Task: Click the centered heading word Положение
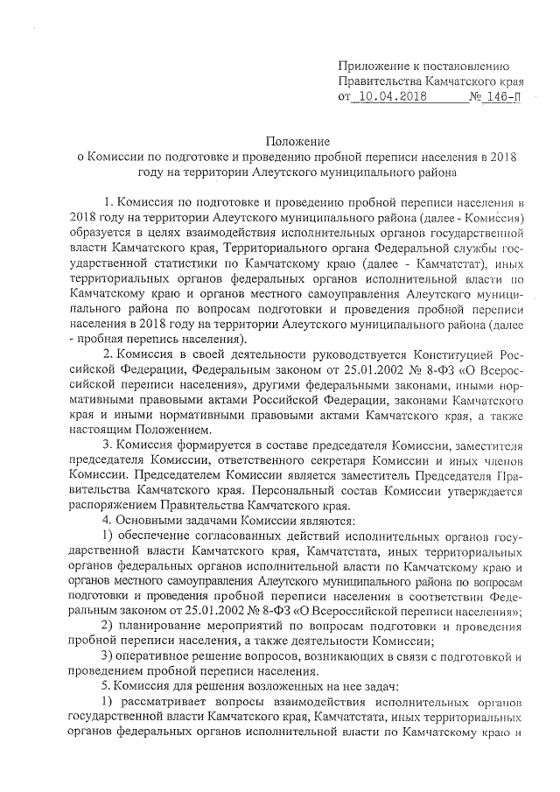point(297,142)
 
